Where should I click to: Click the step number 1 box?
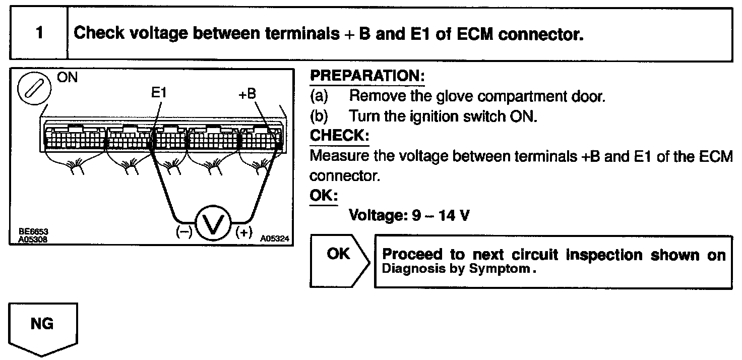point(39,34)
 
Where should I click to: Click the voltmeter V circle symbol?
point(213,222)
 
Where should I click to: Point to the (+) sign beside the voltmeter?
point(243,233)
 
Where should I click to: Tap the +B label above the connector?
point(249,94)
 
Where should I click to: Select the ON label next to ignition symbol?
point(67,79)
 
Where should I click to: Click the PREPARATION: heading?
point(367,76)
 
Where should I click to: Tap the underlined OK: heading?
point(323,195)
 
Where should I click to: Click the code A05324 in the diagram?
point(275,239)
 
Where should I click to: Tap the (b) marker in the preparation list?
point(319,116)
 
